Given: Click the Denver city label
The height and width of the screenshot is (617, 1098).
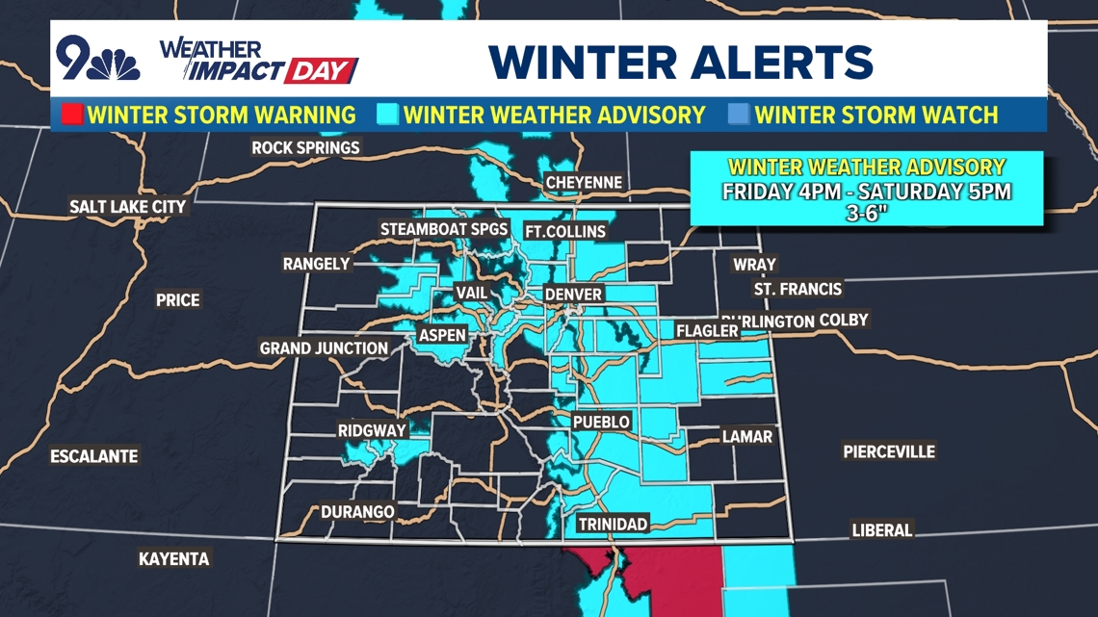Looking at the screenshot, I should click(573, 295).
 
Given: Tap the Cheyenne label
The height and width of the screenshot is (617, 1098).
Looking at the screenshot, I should click(584, 182).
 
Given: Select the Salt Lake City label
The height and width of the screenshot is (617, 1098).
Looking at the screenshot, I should click(127, 206).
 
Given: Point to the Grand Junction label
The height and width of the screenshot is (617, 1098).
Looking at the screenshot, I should click(324, 347).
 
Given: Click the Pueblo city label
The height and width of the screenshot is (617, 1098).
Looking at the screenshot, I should click(601, 422).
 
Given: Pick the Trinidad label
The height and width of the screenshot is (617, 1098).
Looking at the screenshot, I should click(613, 524).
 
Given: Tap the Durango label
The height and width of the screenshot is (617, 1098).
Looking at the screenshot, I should click(357, 511).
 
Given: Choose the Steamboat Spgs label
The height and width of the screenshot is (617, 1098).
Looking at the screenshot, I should click(443, 229).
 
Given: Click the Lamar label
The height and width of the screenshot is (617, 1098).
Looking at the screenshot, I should click(747, 436).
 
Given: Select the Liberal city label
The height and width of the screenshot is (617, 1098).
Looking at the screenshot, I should click(881, 529).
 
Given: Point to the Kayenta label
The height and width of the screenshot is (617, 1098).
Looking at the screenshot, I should click(173, 558).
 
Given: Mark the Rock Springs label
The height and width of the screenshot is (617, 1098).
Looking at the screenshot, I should click(305, 147).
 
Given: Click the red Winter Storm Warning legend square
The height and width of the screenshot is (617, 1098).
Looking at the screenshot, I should click(72, 115).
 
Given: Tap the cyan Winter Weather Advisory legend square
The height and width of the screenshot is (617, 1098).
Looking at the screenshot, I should click(388, 115).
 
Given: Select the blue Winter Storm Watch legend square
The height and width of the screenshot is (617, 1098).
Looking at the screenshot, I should click(739, 115).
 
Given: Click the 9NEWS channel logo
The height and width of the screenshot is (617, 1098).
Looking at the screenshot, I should click(96, 61).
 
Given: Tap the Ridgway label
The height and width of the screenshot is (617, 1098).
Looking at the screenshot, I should click(372, 430).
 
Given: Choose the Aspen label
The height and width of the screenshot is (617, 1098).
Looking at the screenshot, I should click(442, 335).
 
